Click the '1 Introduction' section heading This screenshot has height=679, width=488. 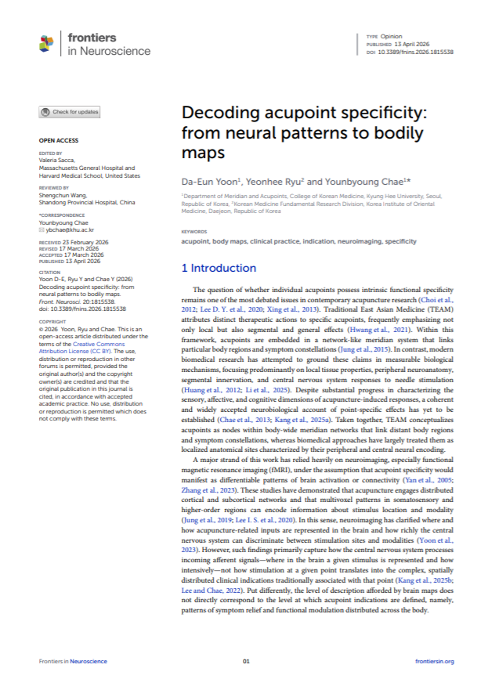219,268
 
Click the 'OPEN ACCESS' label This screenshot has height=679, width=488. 56,141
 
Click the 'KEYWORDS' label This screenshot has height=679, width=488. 194,232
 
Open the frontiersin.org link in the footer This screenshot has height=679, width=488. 434,662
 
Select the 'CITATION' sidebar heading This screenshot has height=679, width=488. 51,273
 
